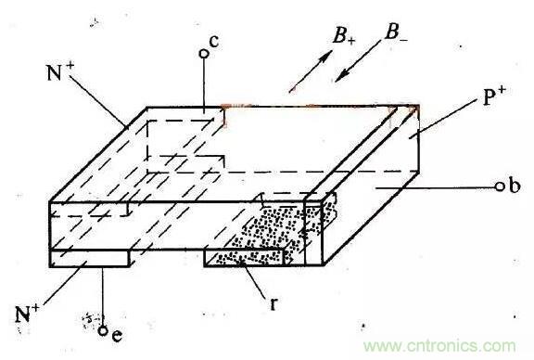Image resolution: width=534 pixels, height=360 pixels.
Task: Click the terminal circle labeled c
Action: pos(204,54)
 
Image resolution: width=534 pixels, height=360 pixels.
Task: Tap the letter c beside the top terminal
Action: pos(214,42)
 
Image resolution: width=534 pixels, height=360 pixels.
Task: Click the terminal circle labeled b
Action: pos(500,186)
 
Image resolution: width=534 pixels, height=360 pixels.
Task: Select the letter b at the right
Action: pos(515,186)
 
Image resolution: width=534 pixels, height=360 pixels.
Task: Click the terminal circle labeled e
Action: pos(103,330)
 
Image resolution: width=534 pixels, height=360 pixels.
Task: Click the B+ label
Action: pos(344,35)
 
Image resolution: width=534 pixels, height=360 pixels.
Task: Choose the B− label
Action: pos(396,33)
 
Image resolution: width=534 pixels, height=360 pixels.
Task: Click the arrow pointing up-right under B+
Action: pos(311,71)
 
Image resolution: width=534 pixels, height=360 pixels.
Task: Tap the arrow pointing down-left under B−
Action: pos(358,61)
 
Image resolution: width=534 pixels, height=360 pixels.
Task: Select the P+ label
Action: pos(494,96)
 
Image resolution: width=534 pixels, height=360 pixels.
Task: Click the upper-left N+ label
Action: pos(60,71)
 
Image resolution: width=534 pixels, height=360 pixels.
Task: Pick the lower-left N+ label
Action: pos(27,314)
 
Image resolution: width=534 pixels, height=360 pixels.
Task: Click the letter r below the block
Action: pos(273,303)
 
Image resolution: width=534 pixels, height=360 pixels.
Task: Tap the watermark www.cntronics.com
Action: pos(439,346)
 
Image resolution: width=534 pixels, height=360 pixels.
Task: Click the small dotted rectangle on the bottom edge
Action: pos(244,258)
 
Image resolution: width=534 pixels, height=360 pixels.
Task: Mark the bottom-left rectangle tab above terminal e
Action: pos(90,258)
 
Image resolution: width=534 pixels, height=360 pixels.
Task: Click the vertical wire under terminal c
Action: pos(204,85)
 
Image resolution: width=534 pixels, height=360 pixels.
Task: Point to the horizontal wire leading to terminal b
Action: pos(436,187)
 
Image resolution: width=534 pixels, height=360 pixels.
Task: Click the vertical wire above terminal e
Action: pos(103,297)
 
